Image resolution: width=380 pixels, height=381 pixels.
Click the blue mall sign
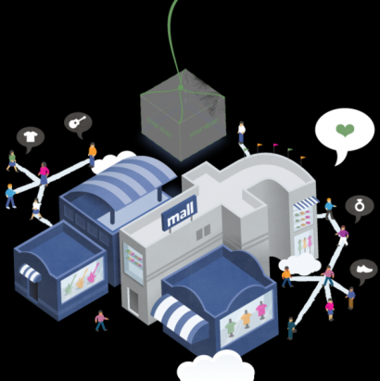click(x=179, y=213)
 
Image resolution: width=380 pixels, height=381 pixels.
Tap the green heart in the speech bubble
click(x=345, y=130)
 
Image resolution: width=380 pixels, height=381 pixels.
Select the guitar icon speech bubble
click(x=78, y=124)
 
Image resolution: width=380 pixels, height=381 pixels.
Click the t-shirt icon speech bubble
click(x=31, y=139)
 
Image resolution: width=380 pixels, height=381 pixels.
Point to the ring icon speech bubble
click(x=359, y=207)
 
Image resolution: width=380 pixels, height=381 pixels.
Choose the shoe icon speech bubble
click(x=364, y=271)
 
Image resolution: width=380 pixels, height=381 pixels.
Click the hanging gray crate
click(x=184, y=114)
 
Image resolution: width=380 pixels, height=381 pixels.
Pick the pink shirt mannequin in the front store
click(x=261, y=310)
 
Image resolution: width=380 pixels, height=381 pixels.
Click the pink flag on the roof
click(x=275, y=147)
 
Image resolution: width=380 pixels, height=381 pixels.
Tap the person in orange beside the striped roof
click(x=93, y=155)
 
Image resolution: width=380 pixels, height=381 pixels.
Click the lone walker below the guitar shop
click(x=101, y=321)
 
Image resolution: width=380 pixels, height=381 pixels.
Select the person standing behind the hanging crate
click(x=242, y=133)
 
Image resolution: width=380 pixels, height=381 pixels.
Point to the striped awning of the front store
click(x=180, y=318)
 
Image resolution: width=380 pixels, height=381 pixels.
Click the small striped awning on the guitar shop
click(x=31, y=273)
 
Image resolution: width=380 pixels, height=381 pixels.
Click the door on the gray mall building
click(x=133, y=300)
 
